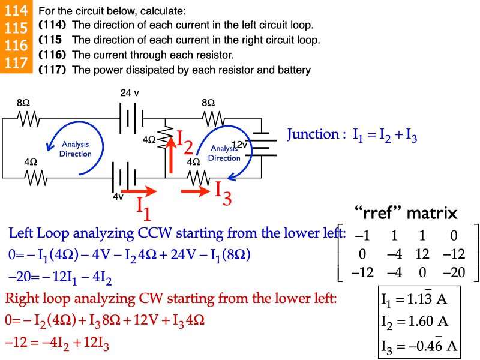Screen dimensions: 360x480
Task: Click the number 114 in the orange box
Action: click(15, 11)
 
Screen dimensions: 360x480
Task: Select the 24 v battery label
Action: click(130, 93)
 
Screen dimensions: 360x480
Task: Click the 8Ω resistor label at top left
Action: click(23, 103)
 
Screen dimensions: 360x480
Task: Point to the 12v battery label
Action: click(239, 145)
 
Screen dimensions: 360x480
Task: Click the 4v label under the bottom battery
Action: click(118, 196)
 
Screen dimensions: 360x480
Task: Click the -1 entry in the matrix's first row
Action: click(362, 235)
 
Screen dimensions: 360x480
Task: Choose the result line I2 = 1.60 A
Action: click(415, 320)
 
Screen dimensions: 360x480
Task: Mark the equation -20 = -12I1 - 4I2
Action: click(60, 277)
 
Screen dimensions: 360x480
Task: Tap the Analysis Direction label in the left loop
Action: click(76, 149)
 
